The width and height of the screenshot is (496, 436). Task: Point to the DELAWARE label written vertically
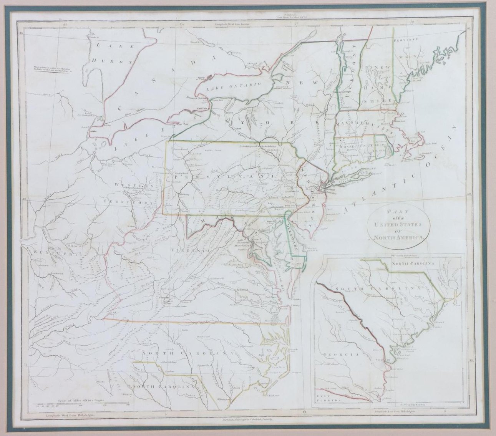click(x=292, y=237)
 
